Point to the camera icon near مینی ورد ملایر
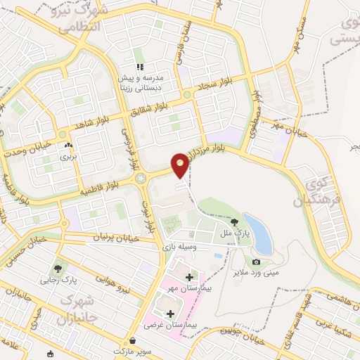(x=255, y=262)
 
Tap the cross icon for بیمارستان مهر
(x=188, y=276)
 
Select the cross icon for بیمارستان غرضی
(x=170, y=314)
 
